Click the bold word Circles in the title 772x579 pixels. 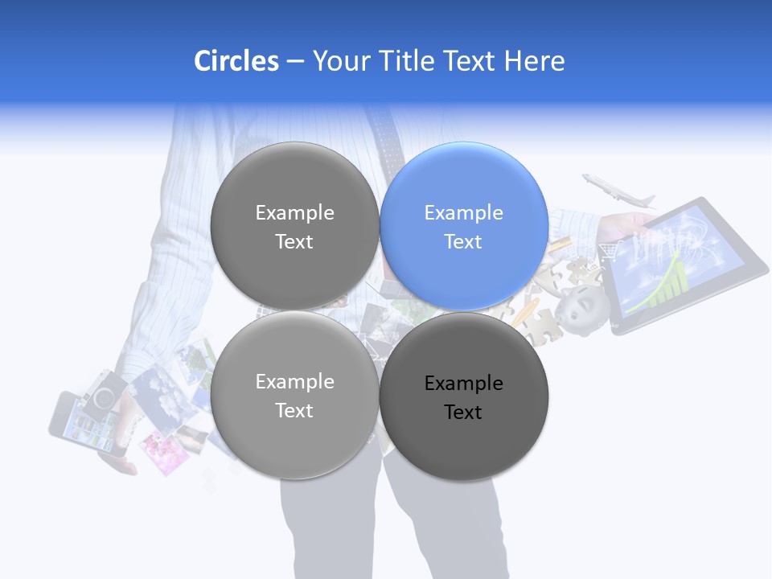(236, 61)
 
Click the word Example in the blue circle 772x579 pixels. (464, 212)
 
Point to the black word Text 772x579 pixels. (463, 413)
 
